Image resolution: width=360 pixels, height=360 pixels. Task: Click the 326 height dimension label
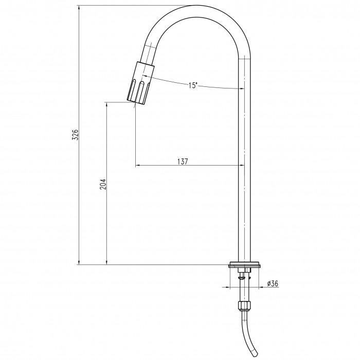pos(75,135)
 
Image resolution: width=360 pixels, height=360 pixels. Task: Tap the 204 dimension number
pos(103,184)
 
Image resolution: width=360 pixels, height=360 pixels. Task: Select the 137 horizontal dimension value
pos(183,161)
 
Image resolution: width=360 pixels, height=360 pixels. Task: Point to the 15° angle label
pos(193,85)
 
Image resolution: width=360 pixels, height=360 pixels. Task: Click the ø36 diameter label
pos(273,283)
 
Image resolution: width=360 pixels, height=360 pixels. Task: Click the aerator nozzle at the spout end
pos(140,84)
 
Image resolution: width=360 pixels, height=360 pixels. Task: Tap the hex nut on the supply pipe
pos(244,305)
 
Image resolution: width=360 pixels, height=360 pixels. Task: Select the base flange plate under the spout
pos(244,265)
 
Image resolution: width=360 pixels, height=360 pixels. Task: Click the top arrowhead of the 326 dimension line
pos(79,8)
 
